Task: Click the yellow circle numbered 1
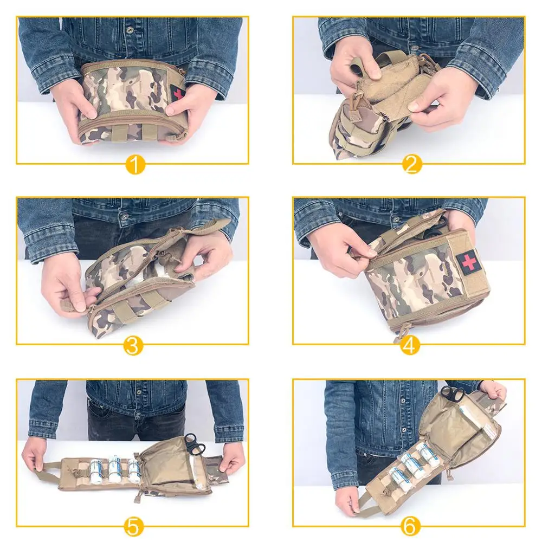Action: pos(135,164)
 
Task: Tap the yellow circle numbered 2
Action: pos(411,164)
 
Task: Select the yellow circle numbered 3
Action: pos(133,345)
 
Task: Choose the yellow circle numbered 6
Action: pos(411,525)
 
